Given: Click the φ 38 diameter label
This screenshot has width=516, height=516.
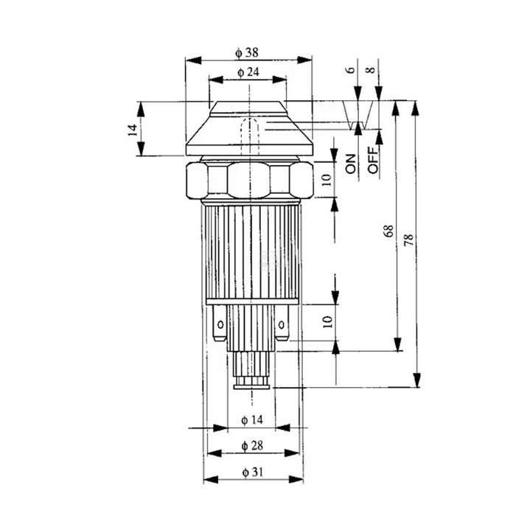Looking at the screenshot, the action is [x=247, y=52].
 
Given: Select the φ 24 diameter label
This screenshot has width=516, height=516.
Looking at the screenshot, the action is [x=248, y=72].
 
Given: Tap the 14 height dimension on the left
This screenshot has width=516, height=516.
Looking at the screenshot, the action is [x=132, y=130].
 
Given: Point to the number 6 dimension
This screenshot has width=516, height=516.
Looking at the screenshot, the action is [x=351, y=70].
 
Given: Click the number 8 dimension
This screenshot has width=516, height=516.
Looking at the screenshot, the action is [x=371, y=70].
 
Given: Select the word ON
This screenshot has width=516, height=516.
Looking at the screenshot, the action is [x=351, y=164].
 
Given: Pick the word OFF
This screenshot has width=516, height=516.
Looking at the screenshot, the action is [x=373, y=160].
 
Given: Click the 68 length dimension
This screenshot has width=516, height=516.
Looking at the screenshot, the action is [x=388, y=231].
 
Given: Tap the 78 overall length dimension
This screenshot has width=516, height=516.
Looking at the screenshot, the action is [x=408, y=240].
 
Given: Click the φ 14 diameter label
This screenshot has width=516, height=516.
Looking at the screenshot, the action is [x=252, y=420].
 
